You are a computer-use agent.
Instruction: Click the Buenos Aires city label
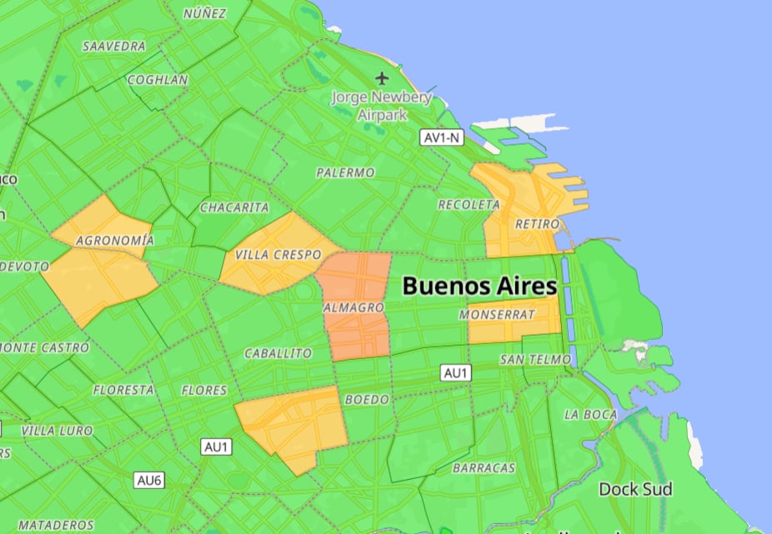pos(479,286)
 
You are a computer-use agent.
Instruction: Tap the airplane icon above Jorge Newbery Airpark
pos(382,78)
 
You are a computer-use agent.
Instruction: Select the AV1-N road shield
pos(440,137)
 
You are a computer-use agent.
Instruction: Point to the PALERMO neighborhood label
pos(345,172)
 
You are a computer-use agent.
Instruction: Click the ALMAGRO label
pos(353,308)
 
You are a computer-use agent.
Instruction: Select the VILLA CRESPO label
pos(278,254)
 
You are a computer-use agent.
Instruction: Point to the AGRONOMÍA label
pos(115,241)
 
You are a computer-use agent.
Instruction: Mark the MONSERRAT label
pos(496,315)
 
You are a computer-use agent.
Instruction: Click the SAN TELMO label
pos(535,359)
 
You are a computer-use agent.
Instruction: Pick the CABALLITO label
pos(278,353)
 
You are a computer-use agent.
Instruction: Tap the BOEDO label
pos(367,400)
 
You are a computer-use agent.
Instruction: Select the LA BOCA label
pos(590,414)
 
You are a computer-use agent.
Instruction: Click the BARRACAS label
pos(484,468)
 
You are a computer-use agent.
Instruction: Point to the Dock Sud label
pos(635,488)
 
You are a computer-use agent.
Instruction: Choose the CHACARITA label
pos(235,207)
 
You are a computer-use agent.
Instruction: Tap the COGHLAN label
pos(158,80)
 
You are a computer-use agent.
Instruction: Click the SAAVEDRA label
pos(114,46)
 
